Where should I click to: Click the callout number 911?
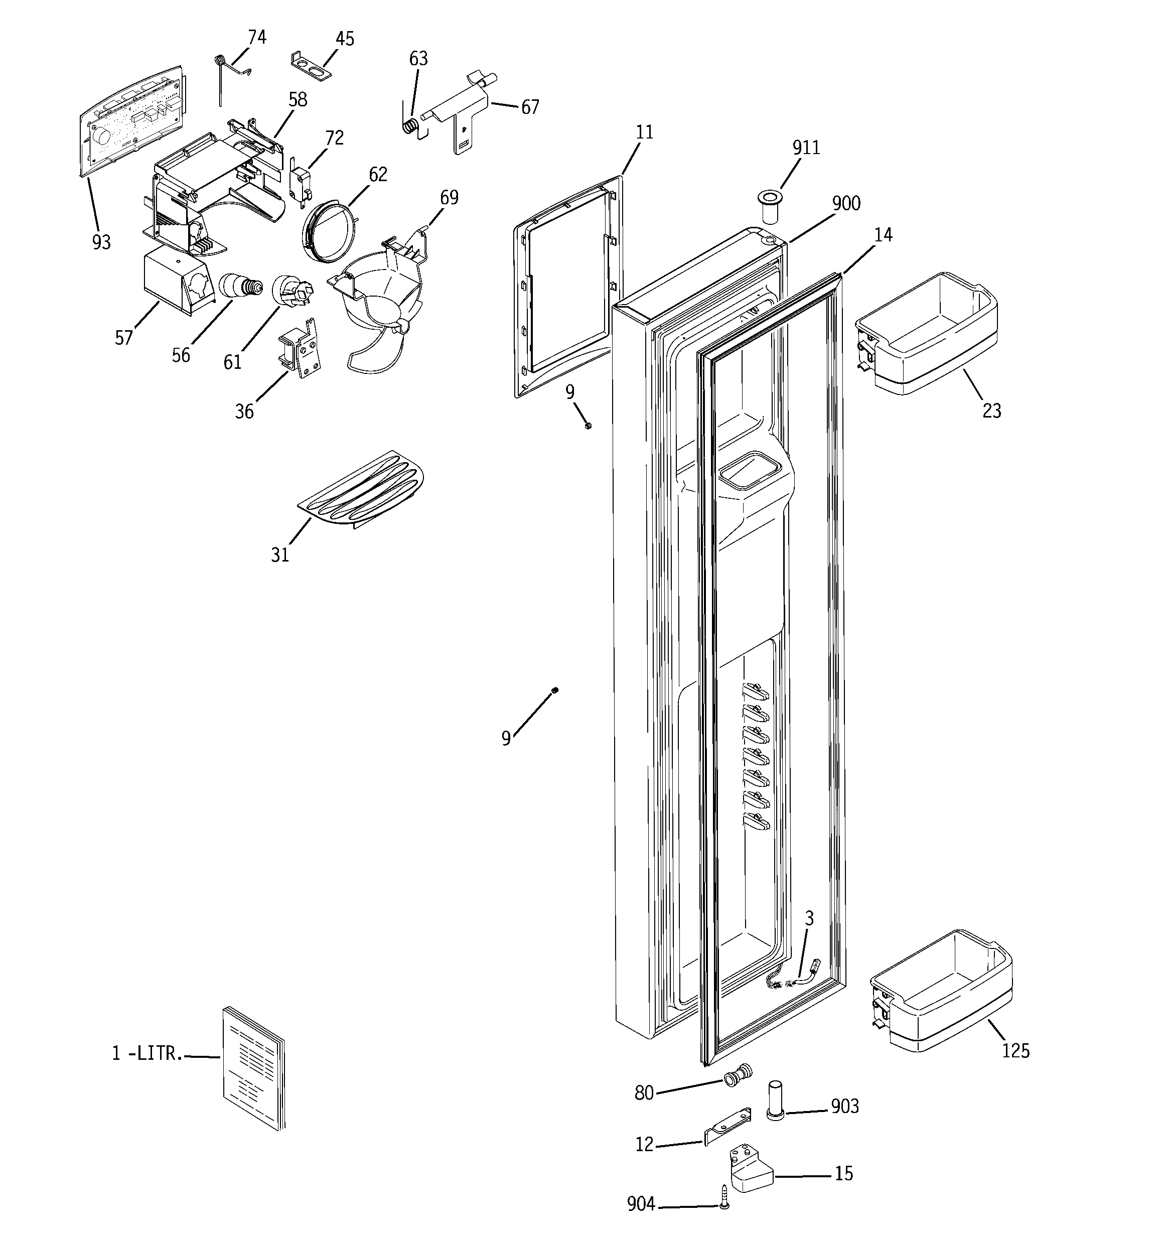[805, 148]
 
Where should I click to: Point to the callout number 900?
[845, 204]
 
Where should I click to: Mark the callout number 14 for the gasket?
[883, 235]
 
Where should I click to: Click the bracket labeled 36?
[302, 349]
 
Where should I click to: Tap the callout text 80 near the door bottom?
[644, 1092]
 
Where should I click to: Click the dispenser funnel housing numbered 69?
[381, 288]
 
